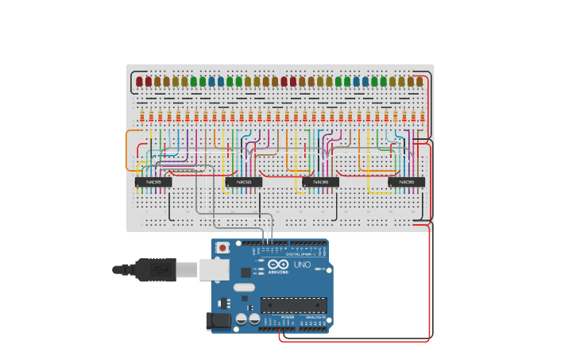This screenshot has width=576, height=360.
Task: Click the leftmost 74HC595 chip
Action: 153,182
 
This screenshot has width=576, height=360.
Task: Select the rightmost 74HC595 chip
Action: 406,182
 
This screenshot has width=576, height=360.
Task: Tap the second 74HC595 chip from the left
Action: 243,182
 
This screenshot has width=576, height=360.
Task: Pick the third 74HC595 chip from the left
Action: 320,182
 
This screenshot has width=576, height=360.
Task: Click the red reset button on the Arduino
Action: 223,248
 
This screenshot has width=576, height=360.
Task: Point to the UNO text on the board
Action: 303,265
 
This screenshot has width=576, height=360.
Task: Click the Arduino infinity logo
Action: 279,265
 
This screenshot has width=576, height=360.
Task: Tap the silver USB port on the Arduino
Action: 214,270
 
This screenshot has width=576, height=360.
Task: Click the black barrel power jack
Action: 218,321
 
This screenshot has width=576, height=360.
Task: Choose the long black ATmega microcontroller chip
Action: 293,305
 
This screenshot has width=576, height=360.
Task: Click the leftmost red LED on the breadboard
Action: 140,81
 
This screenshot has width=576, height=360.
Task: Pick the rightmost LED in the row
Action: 419,81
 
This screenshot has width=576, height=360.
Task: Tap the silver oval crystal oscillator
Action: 244,287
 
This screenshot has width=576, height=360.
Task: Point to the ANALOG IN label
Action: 314,317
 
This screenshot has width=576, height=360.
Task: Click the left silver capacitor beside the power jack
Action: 241,319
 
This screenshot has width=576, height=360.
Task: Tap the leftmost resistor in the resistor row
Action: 142,117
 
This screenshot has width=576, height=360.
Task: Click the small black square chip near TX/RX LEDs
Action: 245,273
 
